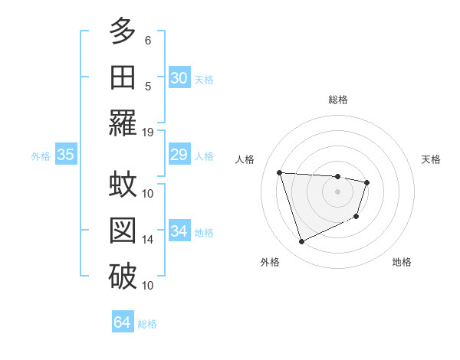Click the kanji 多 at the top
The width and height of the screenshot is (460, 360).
point(123,31)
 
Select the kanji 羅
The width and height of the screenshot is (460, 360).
point(123,122)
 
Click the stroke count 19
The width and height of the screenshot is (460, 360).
point(148,132)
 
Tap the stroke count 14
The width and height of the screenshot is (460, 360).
point(148,240)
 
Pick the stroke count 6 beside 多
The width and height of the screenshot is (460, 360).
point(148,40)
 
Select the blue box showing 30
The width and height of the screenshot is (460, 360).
point(179,78)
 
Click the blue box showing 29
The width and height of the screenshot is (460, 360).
point(179,155)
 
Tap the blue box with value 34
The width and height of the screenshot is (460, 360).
point(179,232)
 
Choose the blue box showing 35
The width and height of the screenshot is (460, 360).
point(65,155)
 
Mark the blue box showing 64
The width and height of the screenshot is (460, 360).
point(122,322)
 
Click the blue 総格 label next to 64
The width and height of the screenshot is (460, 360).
point(147,324)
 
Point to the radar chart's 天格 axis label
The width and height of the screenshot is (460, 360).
point(432,159)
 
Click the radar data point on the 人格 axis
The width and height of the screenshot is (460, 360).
point(280,172)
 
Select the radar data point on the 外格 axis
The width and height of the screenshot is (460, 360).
point(301,242)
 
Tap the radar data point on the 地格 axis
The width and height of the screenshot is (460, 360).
point(356,217)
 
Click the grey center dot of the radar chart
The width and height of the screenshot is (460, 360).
point(337,191)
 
